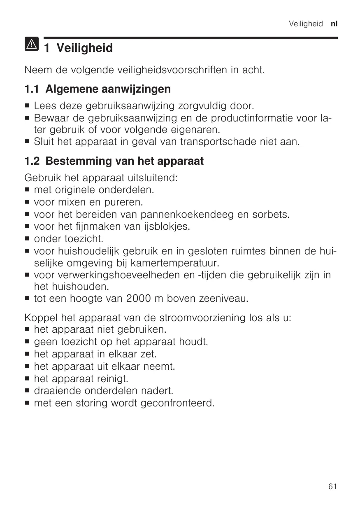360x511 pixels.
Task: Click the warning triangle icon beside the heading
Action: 31,43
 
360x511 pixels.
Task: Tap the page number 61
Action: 333,487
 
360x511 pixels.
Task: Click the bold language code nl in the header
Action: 334,24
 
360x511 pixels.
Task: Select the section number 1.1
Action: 33,89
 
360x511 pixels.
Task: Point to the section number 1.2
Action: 33,161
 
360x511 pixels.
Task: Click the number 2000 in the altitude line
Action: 141,298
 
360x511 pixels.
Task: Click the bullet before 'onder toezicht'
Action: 28,239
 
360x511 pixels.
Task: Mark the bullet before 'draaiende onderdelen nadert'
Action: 28,390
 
